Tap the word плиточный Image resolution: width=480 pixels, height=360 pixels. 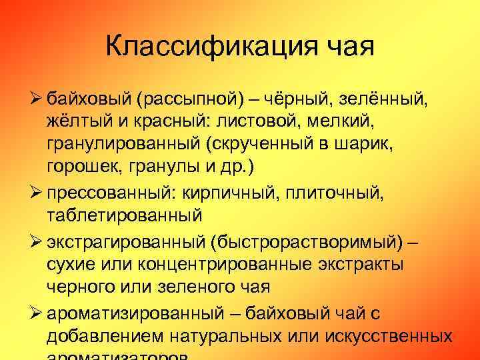325,192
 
